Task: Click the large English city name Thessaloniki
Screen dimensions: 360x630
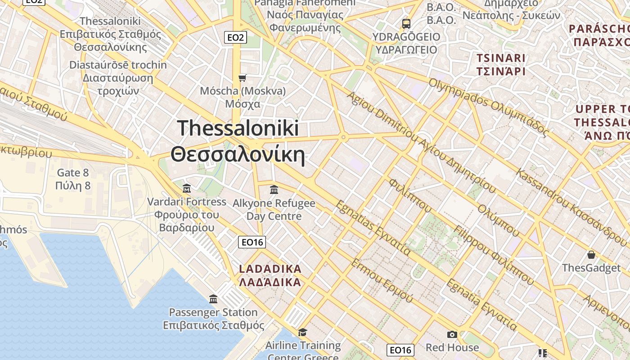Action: click(x=238, y=128)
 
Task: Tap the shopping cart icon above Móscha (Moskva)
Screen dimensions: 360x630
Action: click(x=243, y=78)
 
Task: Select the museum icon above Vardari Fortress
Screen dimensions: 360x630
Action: click(x=187, y=188)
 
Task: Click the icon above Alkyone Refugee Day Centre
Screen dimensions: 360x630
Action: click(x=274, y=190)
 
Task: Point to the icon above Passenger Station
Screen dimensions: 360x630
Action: click(x=213, y=299)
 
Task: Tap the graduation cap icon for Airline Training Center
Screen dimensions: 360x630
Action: click(x=303, y=332)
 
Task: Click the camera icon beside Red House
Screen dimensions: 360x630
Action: click(x=452, y=334)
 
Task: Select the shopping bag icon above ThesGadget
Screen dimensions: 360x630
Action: click(x=591, y=255)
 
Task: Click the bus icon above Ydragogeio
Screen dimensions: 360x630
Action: click(x=406, y=23)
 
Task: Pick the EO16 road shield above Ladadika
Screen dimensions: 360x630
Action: click(x=252, y=242)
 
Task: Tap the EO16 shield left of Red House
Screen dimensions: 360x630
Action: click(x=400, y=350)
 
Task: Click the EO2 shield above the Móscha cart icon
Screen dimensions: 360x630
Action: click(x=235, y=37)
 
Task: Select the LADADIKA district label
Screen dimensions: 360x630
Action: click(x=270, y=269)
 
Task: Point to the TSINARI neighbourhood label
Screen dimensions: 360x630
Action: click(x=501, y=58)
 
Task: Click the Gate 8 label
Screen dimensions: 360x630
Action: click(x=73, y=173)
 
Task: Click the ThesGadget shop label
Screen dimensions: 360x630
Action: click(x=591, y=268)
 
